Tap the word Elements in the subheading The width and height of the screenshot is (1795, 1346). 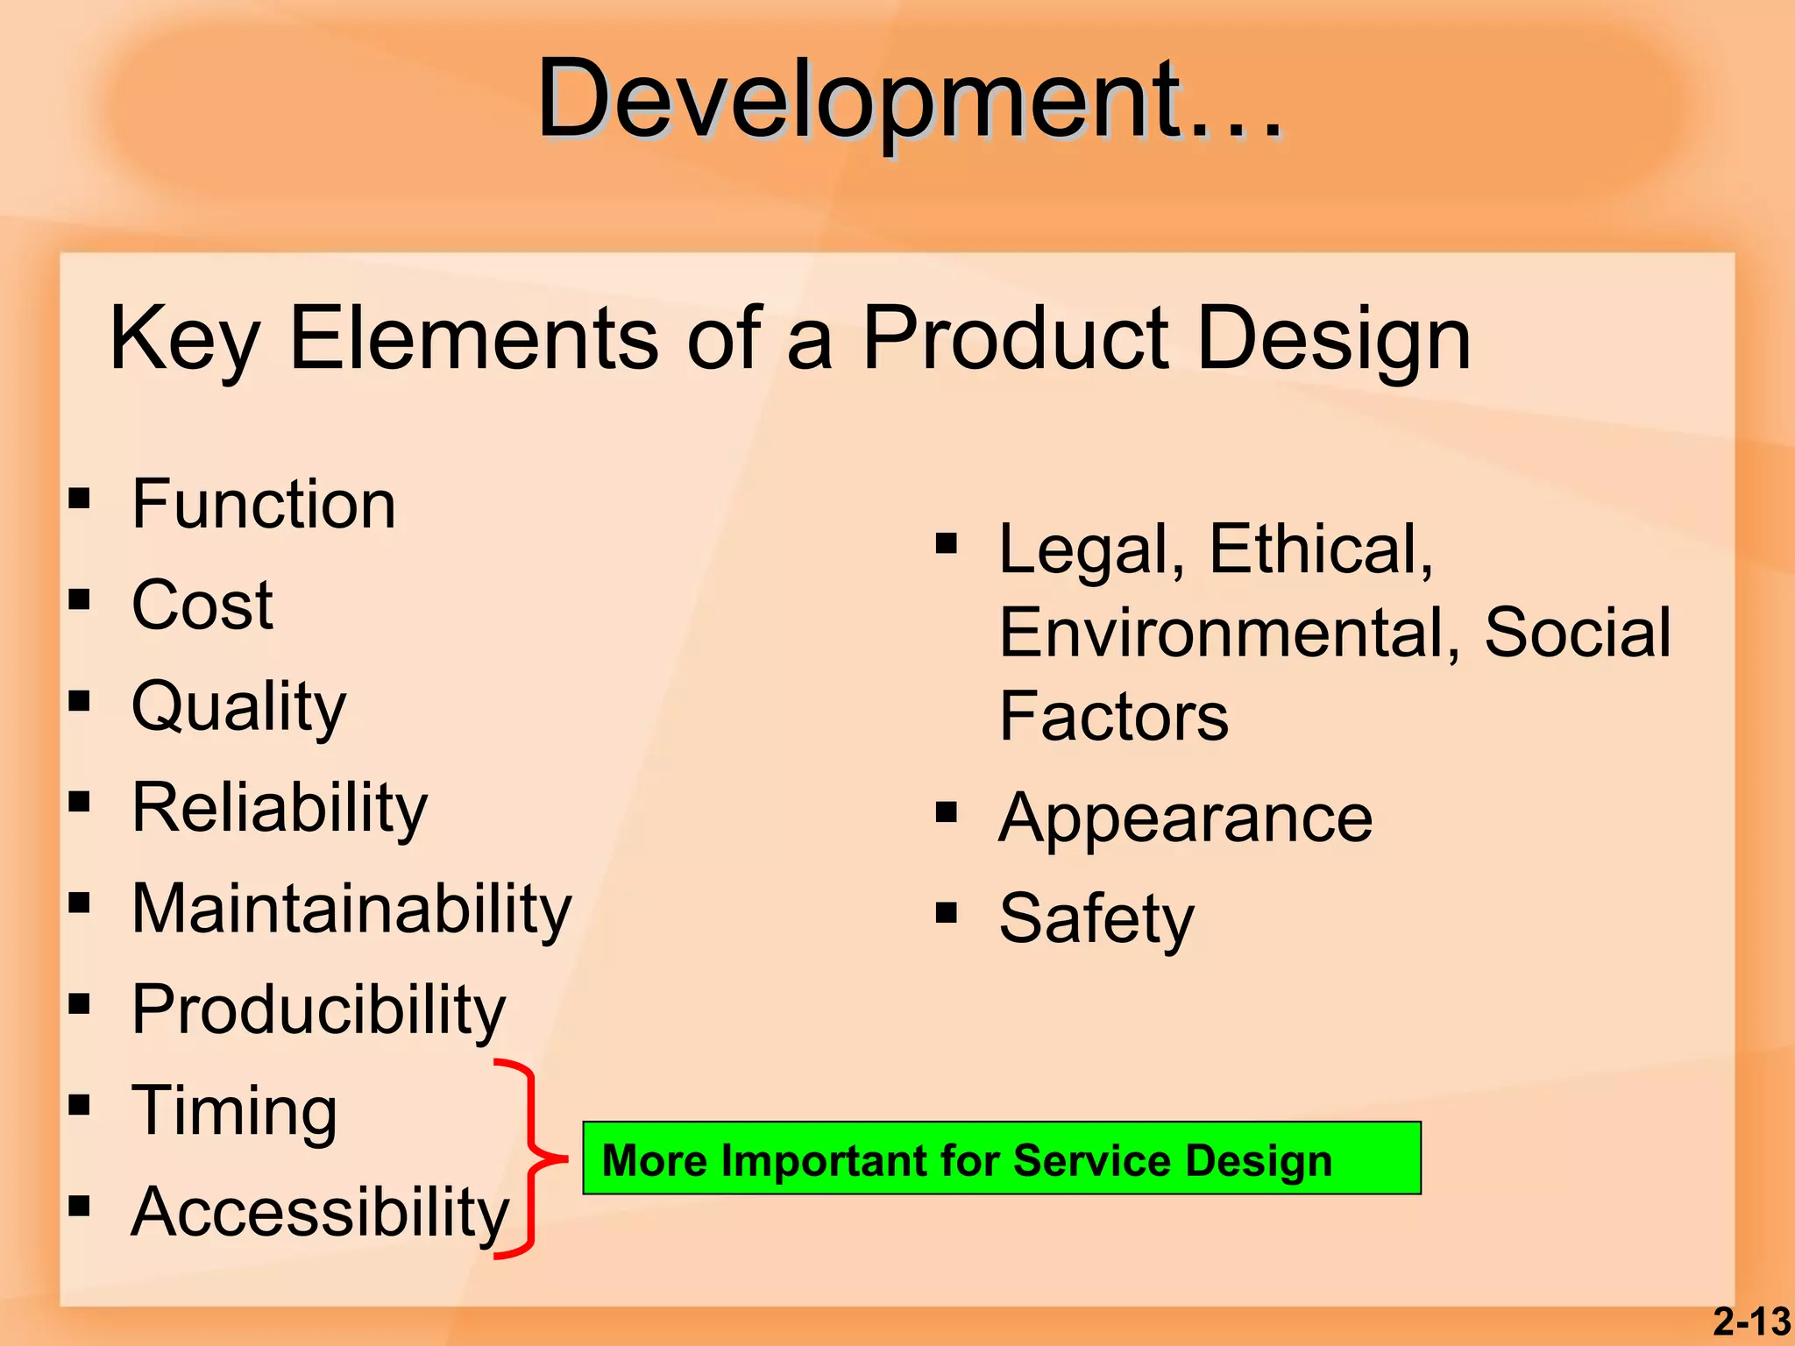click(473, 339)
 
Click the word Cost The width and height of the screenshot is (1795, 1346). click(202, 606)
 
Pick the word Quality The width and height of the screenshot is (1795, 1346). click(238, 706)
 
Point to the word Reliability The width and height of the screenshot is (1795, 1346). click(279, 807)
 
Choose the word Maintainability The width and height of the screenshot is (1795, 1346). click(351, 909)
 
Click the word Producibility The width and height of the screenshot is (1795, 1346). click(318, 1009)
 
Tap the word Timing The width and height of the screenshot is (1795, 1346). click(234, 1110)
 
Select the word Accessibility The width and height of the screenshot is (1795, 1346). click(320, 1212)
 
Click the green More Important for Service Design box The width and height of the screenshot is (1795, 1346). click(1001, 1158)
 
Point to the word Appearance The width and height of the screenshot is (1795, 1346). click(1185, 818)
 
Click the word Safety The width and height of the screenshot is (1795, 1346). click(1096, 918)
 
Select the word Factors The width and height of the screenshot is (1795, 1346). click(1113, 717)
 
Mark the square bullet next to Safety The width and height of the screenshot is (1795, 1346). click(946, 913)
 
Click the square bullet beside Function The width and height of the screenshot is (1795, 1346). click(80, 499)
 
